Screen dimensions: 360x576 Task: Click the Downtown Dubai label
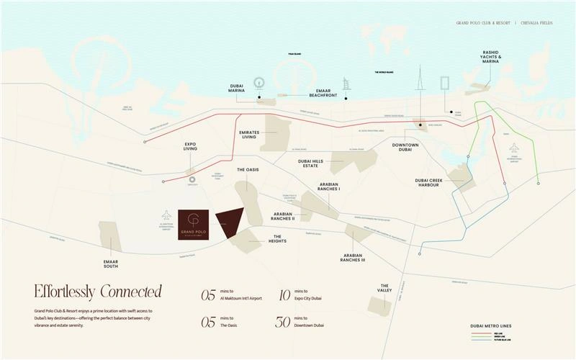click(405, 148)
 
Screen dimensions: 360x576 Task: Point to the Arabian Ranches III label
click(354, 258)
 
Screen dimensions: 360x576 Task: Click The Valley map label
click(385, 288)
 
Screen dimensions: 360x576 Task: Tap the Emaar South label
click(111, 264)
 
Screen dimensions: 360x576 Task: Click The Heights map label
click(276, 239)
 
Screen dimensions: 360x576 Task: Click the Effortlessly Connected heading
click(97, 292)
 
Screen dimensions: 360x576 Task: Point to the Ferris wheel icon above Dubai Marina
click(258, 83)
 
